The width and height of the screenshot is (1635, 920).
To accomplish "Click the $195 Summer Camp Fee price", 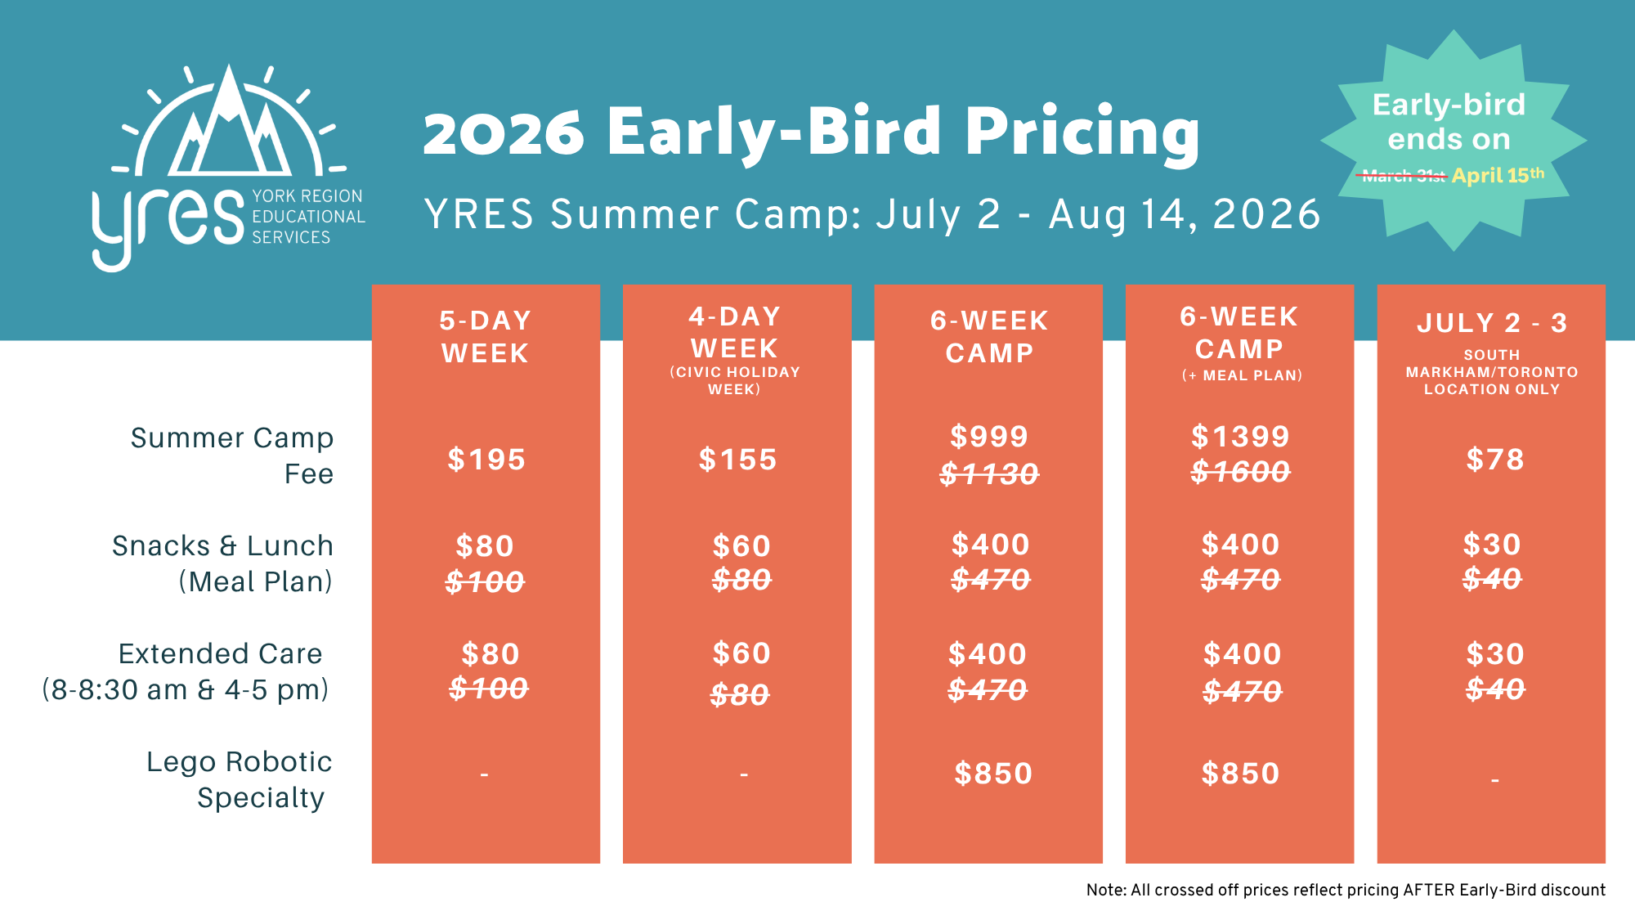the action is point(486,460).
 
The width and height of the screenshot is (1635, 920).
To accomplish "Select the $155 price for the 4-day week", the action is point(737,460).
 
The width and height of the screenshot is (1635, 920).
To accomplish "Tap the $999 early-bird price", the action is point(989,437).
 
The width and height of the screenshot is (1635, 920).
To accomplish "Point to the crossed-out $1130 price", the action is point(989,473).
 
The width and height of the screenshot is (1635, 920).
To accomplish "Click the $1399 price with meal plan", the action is point(1240,437).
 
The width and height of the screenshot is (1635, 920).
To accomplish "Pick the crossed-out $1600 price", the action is point(1240,472).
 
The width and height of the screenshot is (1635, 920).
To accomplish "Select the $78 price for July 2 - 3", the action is point(1495,460).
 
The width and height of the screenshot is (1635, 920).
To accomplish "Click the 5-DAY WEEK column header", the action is point(486,337).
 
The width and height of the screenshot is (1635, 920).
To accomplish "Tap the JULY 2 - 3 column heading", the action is point(1492,323).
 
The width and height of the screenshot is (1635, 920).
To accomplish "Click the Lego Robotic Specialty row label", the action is point(239,779).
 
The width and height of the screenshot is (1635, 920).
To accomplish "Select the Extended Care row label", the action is point(221,654).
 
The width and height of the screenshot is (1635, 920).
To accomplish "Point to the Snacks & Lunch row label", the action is point(222,546).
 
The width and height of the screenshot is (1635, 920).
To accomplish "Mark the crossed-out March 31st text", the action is point(1404,176).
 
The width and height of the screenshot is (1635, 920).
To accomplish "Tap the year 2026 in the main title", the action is point(504,133).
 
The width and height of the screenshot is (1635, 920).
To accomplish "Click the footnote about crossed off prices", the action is point(1346,890).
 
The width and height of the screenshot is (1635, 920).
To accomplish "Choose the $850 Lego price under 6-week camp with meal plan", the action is point(1240,774).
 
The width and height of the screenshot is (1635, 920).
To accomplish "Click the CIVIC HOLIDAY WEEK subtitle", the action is point(735,380).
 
